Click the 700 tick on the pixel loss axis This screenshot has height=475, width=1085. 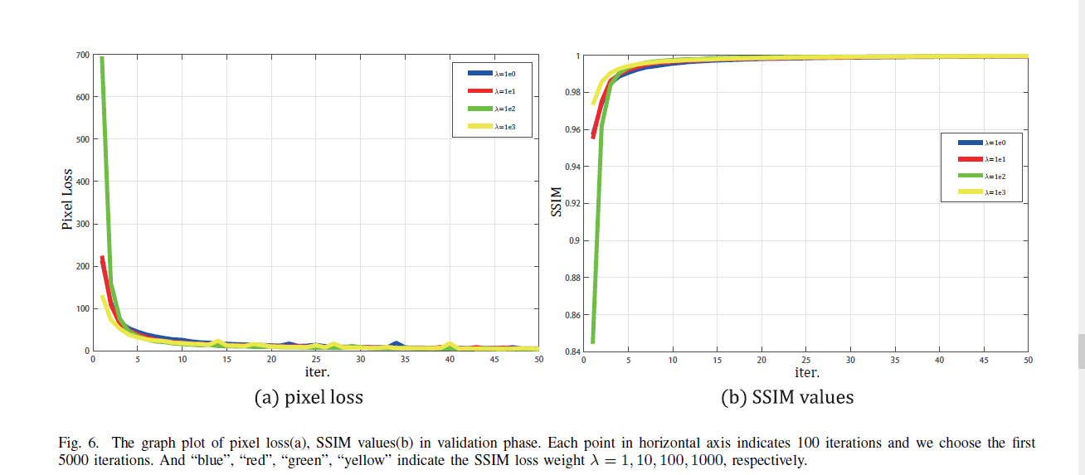[83, 56]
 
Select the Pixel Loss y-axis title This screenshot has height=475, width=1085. [67, 201]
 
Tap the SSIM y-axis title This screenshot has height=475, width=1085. [557, 203]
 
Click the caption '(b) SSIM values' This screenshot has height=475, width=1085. [786, 397]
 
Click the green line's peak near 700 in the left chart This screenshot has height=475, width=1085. [102, 58]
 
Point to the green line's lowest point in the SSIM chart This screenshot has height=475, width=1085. [592, 341]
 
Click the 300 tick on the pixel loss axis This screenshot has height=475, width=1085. [83, 224]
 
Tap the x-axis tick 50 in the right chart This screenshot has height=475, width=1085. [1027, 361]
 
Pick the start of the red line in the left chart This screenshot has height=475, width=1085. [102, 257]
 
